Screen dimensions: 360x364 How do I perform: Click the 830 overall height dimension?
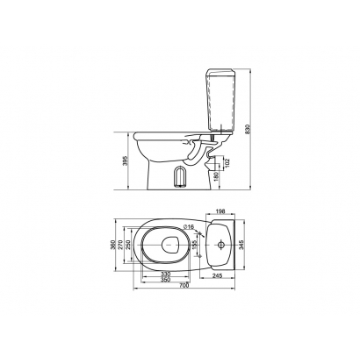tap(248, 129)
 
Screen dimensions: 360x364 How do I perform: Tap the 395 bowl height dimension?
tap(126, 161)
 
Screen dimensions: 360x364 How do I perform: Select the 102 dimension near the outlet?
tap(228, 162)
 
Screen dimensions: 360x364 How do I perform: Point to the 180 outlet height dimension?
tap(217, 176)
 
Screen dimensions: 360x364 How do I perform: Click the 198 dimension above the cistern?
tap(220, 211)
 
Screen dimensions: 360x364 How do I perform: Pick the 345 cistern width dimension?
tap(241, 245)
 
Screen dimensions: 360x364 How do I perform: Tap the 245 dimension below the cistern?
tap(217, 275)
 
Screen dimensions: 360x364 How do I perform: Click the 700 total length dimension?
tap(184, 286)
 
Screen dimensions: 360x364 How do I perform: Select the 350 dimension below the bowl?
tap(166, 280)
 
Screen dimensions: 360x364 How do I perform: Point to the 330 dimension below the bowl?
tap(166, 275)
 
